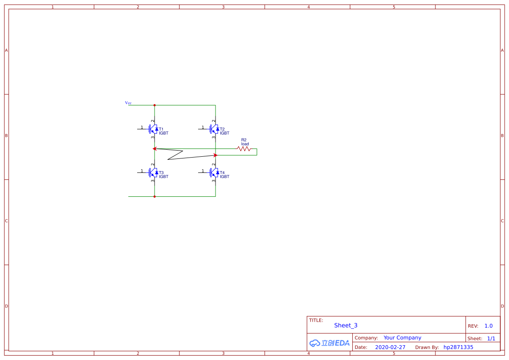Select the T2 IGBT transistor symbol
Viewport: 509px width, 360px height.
click(214, 129)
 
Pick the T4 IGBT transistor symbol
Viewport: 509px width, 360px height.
click(214, 172)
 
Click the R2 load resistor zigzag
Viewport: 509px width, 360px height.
click(244, 149)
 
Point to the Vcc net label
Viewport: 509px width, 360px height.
click(128, 103)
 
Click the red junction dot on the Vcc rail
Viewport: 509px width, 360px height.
click(155, 105)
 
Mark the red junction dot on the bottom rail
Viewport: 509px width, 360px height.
click(155, 196)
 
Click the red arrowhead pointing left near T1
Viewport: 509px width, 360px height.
click(155, 149)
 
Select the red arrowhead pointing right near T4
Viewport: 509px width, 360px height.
click(216, 155)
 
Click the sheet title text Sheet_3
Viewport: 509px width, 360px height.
click(346, 325)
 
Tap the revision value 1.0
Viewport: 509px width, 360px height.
click(489, 326)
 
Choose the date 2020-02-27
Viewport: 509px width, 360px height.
click(390, 347)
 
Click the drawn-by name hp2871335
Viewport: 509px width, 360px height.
click(458, 347)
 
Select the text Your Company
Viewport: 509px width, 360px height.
click(402, 338)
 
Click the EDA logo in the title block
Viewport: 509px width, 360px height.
click(330, 343)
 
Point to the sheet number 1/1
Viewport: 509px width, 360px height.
click(491, 339)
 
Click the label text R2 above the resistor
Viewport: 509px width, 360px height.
click(244, 140)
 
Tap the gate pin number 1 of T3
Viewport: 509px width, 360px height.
click(142, 171)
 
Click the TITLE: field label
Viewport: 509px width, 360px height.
click(316, 320)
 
